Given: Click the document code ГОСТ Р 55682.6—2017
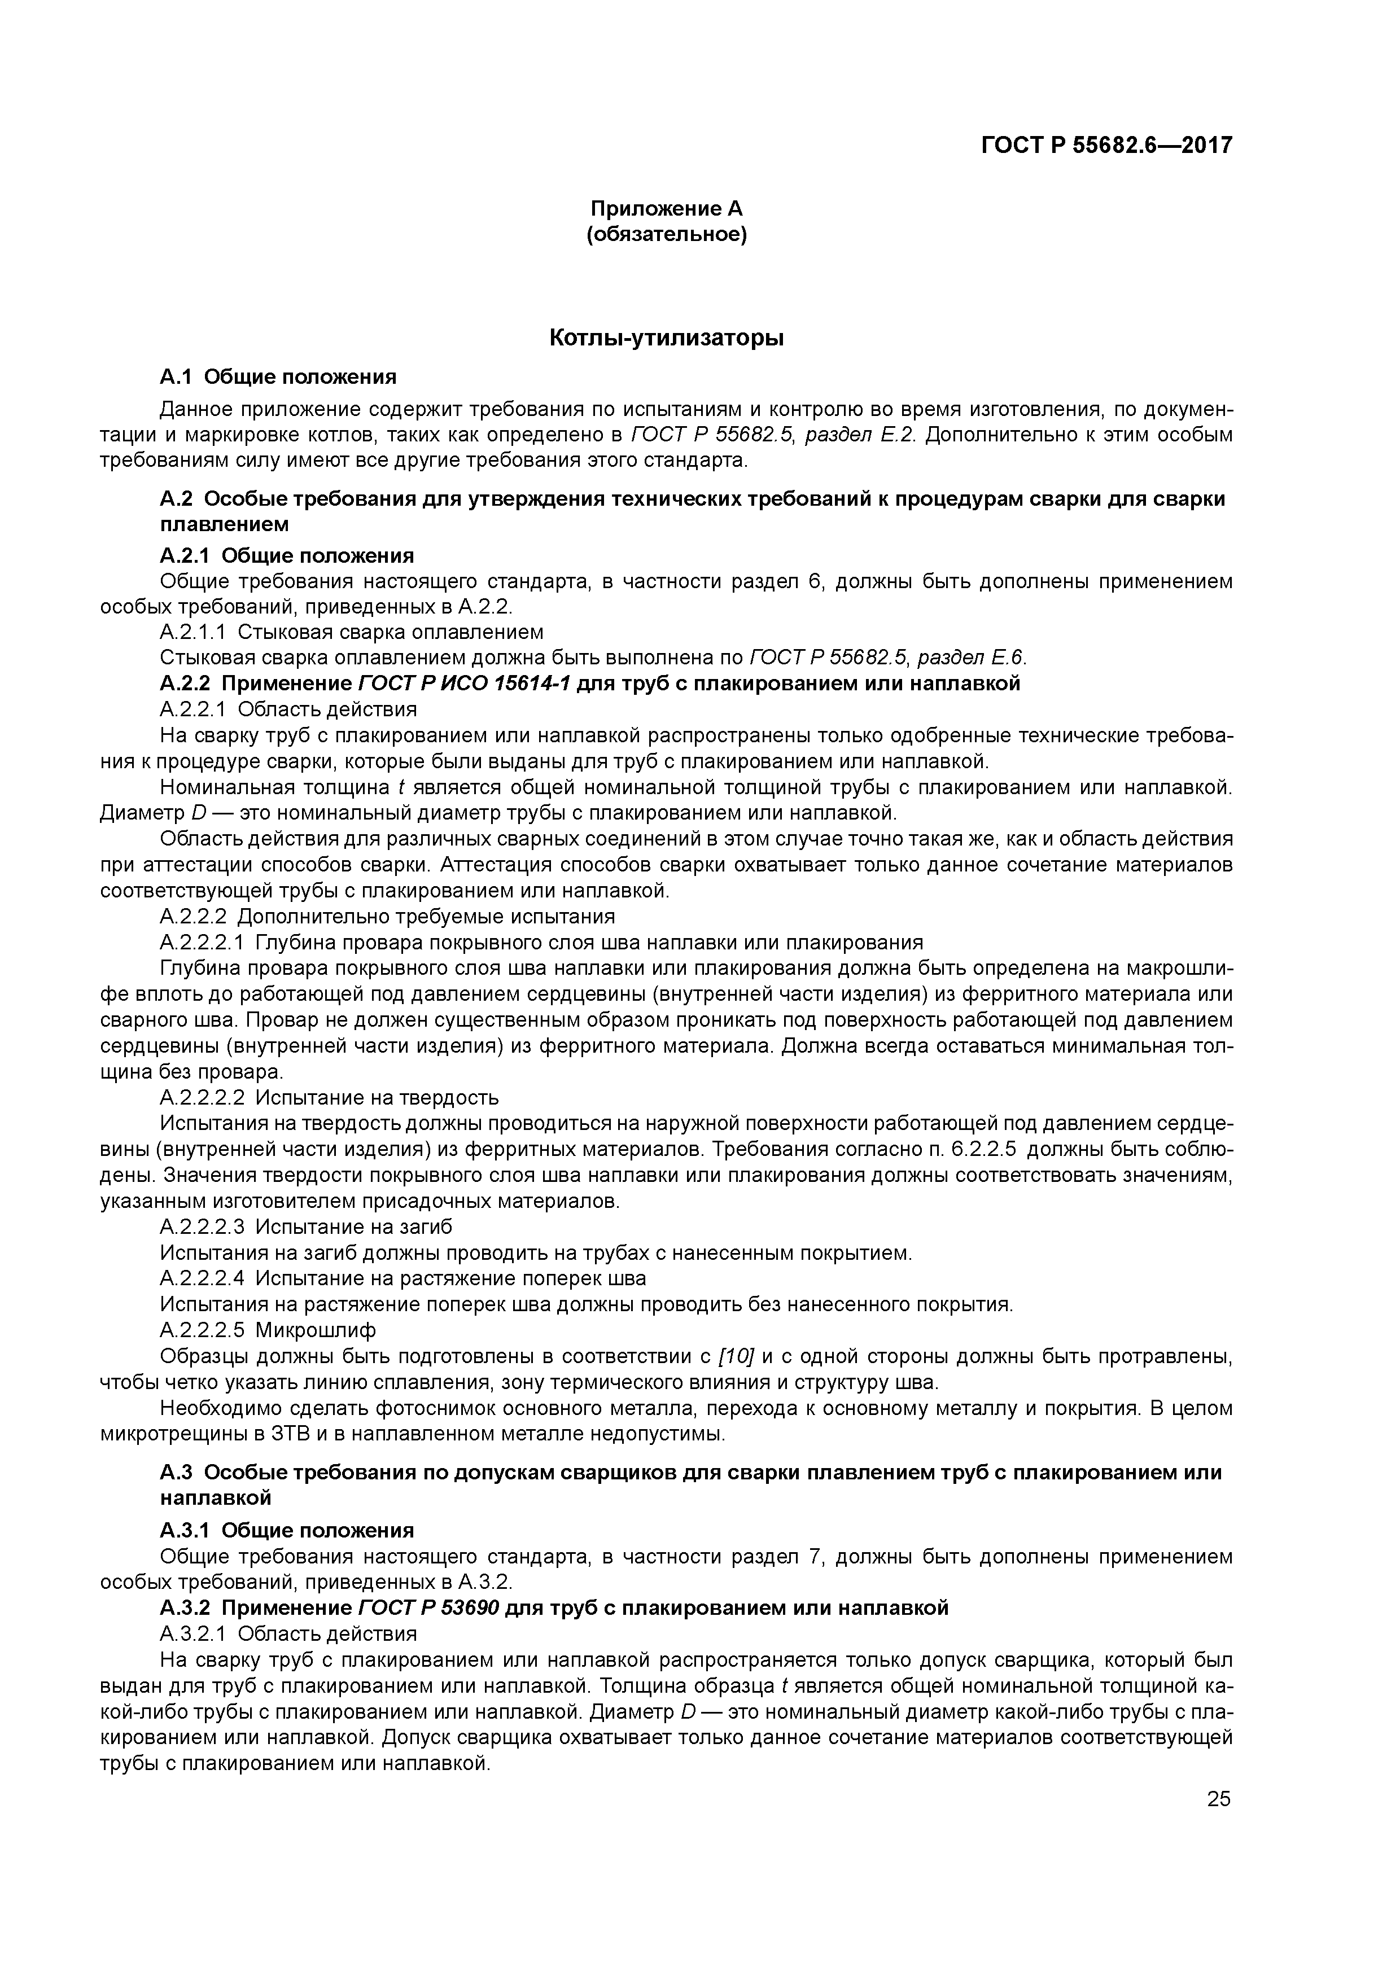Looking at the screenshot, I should point(1106,145).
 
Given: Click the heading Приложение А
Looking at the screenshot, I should point(666,209).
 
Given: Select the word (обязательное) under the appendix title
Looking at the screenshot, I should point(666,235).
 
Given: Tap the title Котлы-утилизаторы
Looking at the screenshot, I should point(666,338).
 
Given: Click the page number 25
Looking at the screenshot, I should point(1218,1799).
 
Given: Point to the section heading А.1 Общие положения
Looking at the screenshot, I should point(278,377).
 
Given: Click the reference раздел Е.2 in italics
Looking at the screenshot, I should point(858,435).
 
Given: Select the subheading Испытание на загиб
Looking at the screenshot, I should point(353,1227).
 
